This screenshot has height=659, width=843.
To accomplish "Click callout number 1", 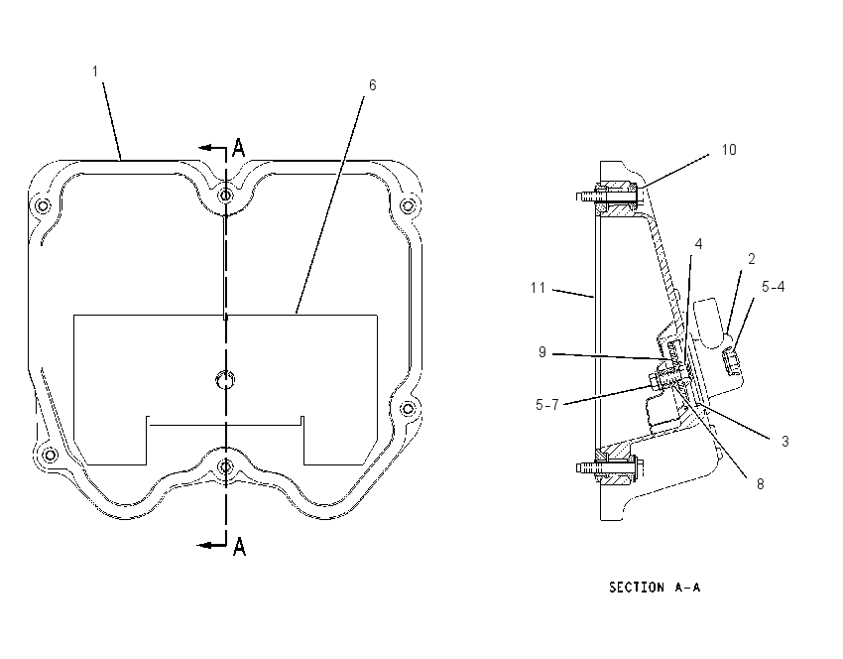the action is point(95,71).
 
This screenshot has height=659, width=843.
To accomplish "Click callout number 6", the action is point(372,85).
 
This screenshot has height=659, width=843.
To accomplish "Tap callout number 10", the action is point(729,150).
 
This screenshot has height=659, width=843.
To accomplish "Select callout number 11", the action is point(538,288).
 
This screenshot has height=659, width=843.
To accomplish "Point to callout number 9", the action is point(542,351).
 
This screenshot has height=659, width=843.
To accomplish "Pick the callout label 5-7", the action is point(547,405).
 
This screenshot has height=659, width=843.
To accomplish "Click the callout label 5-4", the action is point(774,287).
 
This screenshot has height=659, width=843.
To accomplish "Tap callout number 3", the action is point(784,441).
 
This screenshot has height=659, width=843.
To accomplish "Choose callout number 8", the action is point(761,484).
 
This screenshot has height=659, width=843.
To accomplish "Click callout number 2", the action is point(752,259).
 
